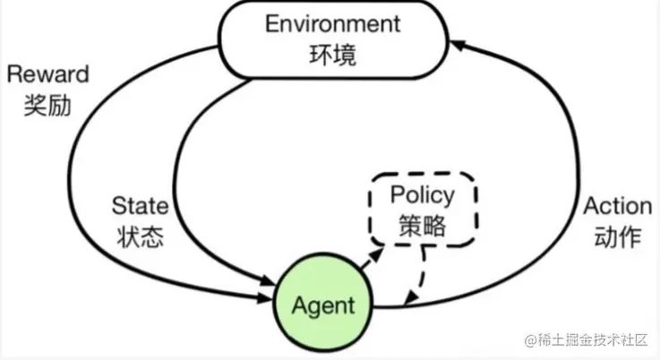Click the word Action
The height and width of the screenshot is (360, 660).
[617, 206]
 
